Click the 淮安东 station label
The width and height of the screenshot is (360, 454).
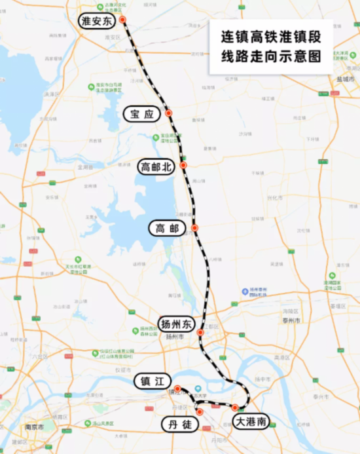(x=96, y=21)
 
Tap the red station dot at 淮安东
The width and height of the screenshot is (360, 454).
(x=122, y=20)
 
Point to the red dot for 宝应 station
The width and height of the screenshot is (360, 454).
(x=169, y=113)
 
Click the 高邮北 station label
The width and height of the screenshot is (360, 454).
(x=156, y=167)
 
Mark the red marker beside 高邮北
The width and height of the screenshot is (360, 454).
(x=184, y=166)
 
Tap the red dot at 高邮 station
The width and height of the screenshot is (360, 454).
(x=194, y=228)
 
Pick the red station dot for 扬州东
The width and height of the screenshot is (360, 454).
(x=201, y=333)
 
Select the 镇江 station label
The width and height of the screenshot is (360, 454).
(x=153, y=381)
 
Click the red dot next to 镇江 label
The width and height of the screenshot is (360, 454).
(x=177, y=388)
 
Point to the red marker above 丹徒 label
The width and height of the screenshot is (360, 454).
(x=200, y=412)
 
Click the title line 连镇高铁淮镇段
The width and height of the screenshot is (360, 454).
(x=270, y=37)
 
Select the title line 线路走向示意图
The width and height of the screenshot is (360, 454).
(x=270, y=57)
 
